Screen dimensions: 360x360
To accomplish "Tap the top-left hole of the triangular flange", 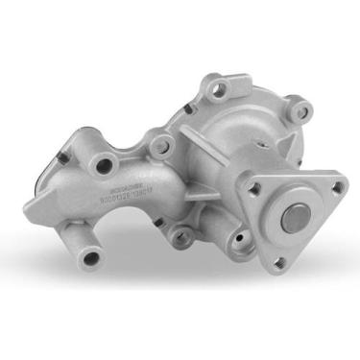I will (x=254, y=189).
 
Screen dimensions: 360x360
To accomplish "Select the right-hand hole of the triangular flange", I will (x=330, y=188).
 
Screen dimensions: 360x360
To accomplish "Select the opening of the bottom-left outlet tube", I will (x=92, y=256).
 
